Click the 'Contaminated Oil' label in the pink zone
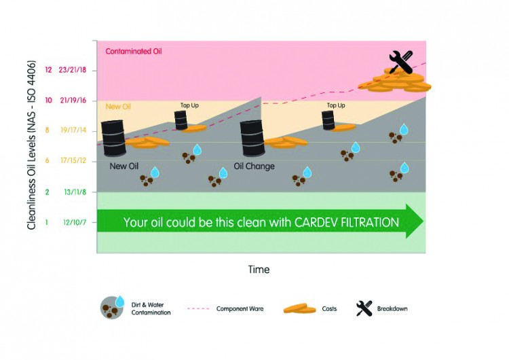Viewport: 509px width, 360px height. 134,52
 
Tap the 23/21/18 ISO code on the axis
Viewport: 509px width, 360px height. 73,70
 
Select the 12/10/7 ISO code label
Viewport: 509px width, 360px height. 75,223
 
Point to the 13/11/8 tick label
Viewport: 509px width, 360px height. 75,192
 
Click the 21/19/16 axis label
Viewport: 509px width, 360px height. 73,101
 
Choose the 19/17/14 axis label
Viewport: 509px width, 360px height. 73,130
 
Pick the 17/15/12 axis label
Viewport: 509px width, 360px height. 73,160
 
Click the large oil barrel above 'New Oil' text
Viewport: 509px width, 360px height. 113,138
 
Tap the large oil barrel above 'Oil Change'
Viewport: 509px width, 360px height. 252,138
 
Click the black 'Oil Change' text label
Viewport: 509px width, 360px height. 254,166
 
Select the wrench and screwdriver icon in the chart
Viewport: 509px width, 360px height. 401,62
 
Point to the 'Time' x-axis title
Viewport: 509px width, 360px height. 259,270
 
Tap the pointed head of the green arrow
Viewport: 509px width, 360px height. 423,221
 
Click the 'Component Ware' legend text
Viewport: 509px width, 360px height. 240,308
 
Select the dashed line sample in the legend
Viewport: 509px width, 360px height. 198,308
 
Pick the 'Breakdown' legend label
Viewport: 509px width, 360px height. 392,308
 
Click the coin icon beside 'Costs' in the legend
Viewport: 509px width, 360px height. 299,308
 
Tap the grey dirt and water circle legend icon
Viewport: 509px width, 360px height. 112,308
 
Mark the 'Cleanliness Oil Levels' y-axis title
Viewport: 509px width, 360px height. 31,145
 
